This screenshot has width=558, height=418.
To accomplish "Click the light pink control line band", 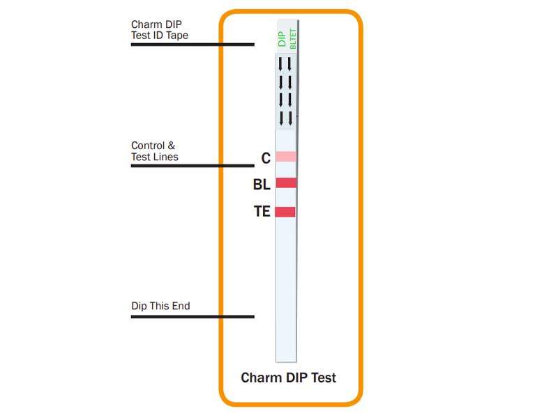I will coord(286,157).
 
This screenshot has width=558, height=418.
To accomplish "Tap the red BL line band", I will coord(286,183).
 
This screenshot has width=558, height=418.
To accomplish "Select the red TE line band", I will coord(285,212).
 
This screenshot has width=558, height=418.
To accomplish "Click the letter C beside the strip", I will coord(266,159).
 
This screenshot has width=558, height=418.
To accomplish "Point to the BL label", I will coord(262,185).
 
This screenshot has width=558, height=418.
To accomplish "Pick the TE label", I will coord(262,212).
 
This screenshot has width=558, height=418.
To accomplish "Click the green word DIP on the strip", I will coord(282,39).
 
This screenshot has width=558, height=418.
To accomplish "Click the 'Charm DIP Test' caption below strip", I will coord(288,378).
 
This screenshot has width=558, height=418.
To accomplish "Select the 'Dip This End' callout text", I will coord(160,306).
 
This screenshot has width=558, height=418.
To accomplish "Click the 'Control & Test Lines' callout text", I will coord(154,151).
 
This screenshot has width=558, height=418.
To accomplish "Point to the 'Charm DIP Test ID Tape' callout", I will coord(160,30).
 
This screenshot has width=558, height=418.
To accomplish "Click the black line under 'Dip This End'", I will coord(193,317).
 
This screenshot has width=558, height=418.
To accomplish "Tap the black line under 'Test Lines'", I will coord(193,166).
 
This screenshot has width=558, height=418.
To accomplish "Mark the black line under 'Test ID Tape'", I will coord(193,45).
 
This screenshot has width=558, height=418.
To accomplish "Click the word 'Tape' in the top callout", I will coord(176,36).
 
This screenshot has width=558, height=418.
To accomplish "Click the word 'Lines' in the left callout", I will coord(166,157).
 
